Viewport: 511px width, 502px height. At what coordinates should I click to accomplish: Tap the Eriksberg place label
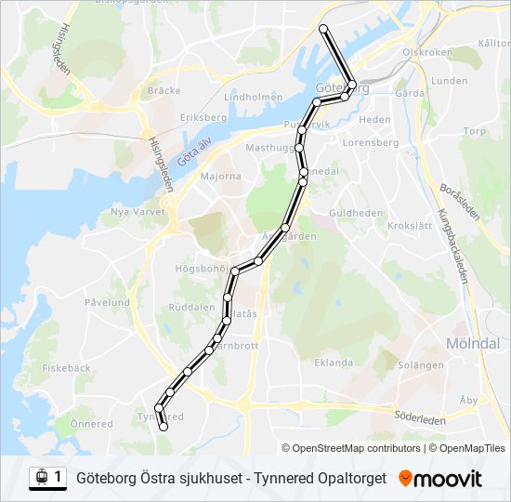[203, 118]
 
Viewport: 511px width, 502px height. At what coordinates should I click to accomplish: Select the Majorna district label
[220, 175]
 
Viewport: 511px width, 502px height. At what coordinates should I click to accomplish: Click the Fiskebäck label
[66, 367]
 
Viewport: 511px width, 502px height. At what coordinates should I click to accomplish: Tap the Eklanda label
[334, 363]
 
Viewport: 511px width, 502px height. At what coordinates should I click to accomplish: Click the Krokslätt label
[410, 226]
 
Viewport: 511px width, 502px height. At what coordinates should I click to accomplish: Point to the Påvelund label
[107, 302]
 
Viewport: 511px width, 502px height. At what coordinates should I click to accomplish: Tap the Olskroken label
[426, 53]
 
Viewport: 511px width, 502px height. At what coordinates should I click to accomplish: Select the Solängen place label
[421, 365]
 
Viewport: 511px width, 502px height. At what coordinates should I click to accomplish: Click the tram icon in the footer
[41, 478]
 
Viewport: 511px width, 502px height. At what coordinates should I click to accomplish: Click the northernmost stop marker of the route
[323, 29]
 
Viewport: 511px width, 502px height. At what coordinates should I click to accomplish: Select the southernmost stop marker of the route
[164, 428]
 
